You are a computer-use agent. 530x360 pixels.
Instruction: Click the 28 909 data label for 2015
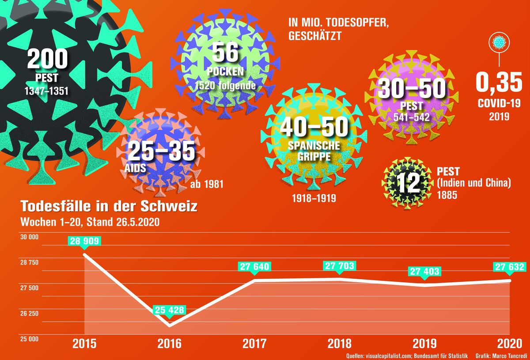pos(84,241)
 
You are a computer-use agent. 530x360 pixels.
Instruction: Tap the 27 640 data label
pos(254,267)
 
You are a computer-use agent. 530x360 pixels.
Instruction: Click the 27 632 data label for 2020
pos(510,267)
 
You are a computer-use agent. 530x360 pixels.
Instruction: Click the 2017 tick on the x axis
pos(254,344)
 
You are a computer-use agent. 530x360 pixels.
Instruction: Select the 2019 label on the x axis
pos(425,344)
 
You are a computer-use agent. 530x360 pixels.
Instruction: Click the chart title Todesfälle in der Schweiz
pos(106,206)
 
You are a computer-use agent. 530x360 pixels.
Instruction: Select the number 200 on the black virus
pos(47,59)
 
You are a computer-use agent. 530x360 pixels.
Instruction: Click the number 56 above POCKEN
pos(225,53)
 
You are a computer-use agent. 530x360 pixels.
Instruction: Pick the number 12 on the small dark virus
pos(408,183)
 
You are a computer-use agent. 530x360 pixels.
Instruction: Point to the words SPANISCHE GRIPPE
pos(314,151)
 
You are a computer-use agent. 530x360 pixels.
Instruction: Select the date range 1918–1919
pos(314,198)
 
